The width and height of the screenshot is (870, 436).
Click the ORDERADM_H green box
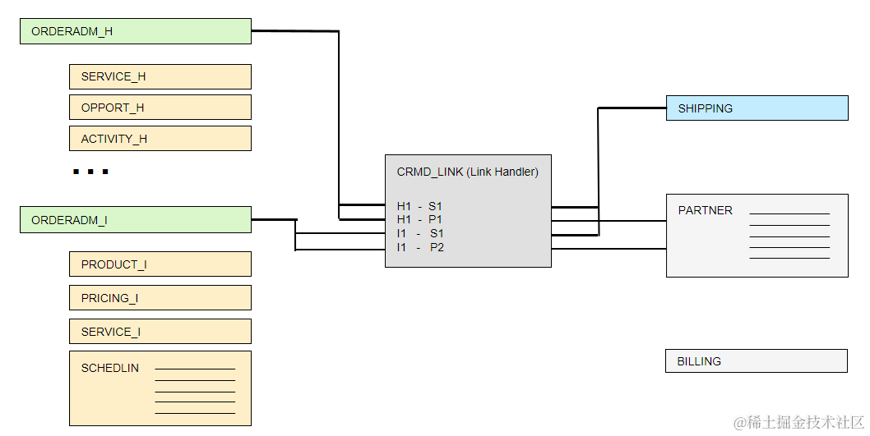136,31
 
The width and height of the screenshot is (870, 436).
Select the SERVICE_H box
160,76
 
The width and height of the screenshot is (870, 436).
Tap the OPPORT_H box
160,108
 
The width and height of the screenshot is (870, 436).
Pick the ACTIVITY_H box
160,139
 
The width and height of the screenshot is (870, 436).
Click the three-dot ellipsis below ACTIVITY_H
90,172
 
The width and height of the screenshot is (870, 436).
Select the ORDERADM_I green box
136,220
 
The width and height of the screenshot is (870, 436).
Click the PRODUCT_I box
160,264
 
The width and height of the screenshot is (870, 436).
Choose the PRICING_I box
160,298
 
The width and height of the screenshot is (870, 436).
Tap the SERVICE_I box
160,332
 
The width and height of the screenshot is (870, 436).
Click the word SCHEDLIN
110,368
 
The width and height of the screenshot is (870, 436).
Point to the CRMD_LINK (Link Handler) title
467,172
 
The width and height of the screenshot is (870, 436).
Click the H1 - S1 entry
420,206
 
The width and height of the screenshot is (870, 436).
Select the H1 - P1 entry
420,219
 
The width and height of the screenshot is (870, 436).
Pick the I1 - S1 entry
420,233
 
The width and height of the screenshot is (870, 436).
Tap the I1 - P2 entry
420,247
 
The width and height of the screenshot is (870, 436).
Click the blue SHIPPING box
757,108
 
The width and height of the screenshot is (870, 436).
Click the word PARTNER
705,210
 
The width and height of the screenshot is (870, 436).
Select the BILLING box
756,361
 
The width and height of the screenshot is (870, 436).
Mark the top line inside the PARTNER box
789,214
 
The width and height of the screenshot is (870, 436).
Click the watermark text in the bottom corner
798,422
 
